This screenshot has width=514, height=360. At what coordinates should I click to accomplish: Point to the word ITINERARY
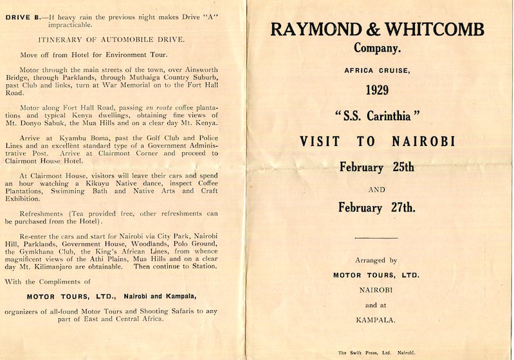68,40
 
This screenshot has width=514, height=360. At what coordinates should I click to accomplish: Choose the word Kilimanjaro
68,265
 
